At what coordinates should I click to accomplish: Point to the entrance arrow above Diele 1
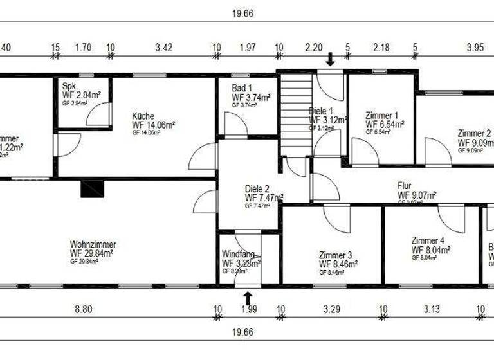coord(330,60)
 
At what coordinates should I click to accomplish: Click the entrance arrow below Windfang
coord(248,298)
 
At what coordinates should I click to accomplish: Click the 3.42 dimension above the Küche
coord(164,47)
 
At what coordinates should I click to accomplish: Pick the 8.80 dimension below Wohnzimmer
coord(84,309)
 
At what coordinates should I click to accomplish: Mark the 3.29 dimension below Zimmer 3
coord(331,309)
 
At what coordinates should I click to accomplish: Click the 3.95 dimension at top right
coord(457,47)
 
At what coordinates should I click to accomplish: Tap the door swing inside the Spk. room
coord(97,115)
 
